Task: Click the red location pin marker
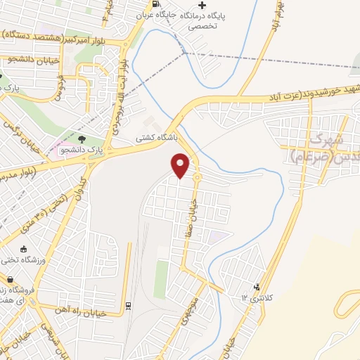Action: pos(181,165)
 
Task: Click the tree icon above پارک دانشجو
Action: pos(82,139)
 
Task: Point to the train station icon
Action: pos(128,306)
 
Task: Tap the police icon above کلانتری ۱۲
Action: pos(257,286)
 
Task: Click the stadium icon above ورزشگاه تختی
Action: pos(24,250)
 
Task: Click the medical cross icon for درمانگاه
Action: pos(202,6)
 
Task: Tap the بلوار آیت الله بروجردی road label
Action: pos(124,77)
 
